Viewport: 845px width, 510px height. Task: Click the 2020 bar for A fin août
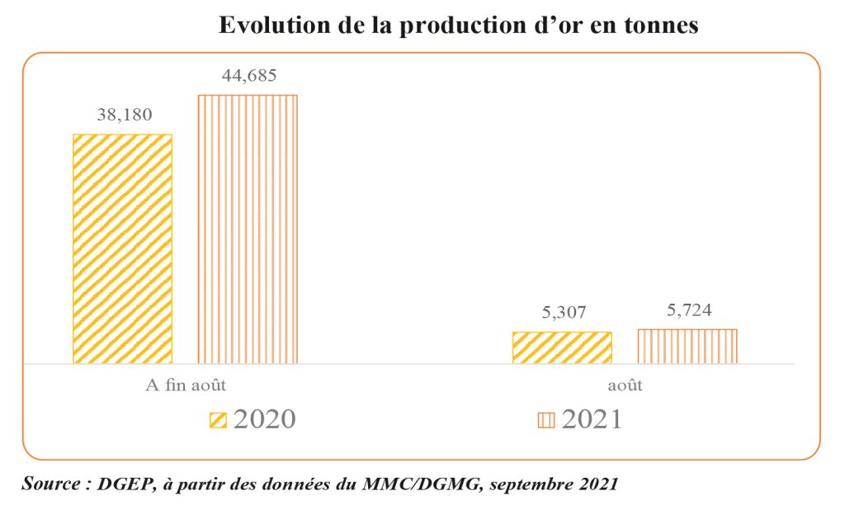click(122, 248)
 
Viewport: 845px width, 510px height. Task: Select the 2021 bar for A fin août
click(247, 229)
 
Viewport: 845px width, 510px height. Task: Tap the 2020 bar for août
click(562, 347)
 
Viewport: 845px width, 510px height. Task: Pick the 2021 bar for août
click(687, 346)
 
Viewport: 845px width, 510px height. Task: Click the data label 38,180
click(125, 116)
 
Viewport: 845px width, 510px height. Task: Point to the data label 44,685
click(248, 76)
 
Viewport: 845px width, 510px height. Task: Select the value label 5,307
click(562, 314)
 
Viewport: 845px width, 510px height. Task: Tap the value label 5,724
click(687, 310)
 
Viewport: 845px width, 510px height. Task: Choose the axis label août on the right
click(626, 385)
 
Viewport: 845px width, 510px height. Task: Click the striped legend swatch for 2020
click(219, 420)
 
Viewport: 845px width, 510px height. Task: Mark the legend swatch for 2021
click(546, 420)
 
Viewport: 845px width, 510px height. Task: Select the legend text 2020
click(264, 419)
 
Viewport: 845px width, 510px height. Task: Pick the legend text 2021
click(591, 419)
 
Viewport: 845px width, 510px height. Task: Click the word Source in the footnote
click(50, 484)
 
